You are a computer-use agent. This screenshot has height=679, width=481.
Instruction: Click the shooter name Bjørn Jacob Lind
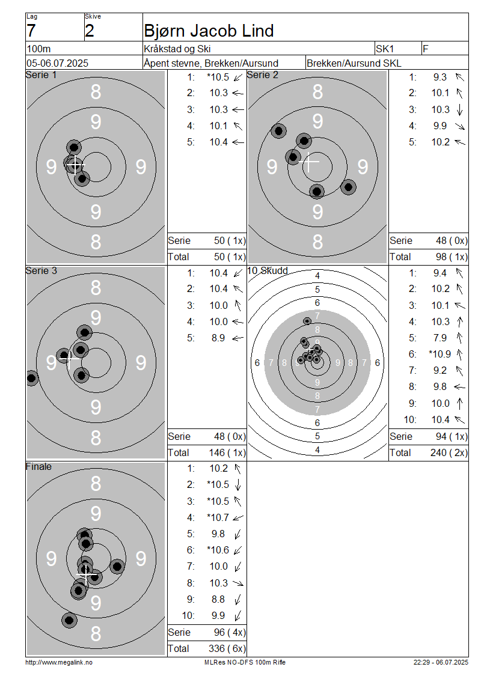[209, 31]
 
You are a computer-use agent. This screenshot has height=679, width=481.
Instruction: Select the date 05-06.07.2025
[57, 63]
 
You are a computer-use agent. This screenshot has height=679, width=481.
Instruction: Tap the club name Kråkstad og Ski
[177, 49]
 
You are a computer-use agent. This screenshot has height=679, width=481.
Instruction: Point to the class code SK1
[385, 49]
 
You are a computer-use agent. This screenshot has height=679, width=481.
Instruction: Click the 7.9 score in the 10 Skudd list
[440, 338]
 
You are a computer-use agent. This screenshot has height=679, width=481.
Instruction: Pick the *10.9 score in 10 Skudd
[439, 355]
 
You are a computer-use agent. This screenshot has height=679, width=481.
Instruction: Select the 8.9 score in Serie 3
[218, 338]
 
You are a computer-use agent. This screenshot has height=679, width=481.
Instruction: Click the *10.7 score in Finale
[218, 517]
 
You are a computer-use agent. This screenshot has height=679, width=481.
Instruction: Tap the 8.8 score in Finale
[218, 599]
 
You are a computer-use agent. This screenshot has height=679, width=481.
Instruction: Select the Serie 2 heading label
[263, 75]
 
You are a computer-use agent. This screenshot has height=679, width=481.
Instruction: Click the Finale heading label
[38, 467]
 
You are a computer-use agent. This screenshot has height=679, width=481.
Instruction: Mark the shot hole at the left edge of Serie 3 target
[31, 378]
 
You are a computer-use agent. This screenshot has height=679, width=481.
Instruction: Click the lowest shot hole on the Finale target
[69, 621]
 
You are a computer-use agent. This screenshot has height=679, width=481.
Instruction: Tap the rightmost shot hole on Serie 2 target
[348, 187]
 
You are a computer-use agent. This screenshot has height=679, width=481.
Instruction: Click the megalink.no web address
[59, 663]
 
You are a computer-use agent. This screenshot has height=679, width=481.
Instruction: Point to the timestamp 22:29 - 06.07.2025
[441, 663]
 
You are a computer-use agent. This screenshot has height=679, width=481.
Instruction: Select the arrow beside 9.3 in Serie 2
[460, 77]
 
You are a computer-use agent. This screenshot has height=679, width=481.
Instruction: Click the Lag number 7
[31, 31]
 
